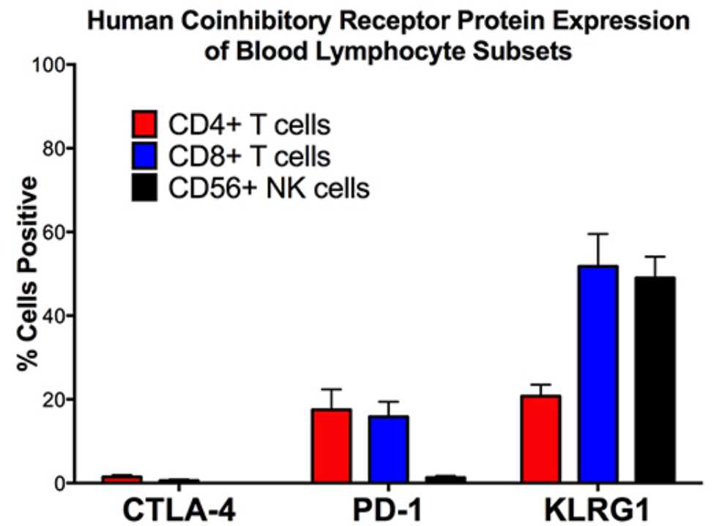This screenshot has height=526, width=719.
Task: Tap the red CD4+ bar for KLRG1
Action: [x=542, y=439]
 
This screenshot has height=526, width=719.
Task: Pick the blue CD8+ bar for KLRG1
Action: [x=598, y=374]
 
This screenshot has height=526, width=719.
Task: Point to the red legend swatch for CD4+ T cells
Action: [x=145, y=125]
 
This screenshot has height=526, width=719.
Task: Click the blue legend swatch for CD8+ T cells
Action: [x=145, y=157]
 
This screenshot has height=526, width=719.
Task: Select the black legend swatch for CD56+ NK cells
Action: [x=145, y=188]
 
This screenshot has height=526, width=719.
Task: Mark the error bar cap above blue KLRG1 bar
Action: [x=598, y=234]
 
